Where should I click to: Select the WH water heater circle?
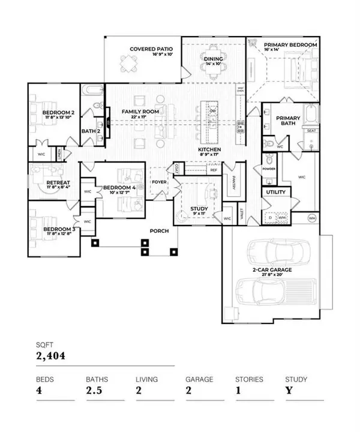(312, 218)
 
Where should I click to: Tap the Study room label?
(199, 209)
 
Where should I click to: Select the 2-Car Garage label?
(271, 270)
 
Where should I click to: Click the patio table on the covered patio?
(127, 64)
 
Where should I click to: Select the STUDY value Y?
(288, 392)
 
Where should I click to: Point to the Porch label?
(159, 230)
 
